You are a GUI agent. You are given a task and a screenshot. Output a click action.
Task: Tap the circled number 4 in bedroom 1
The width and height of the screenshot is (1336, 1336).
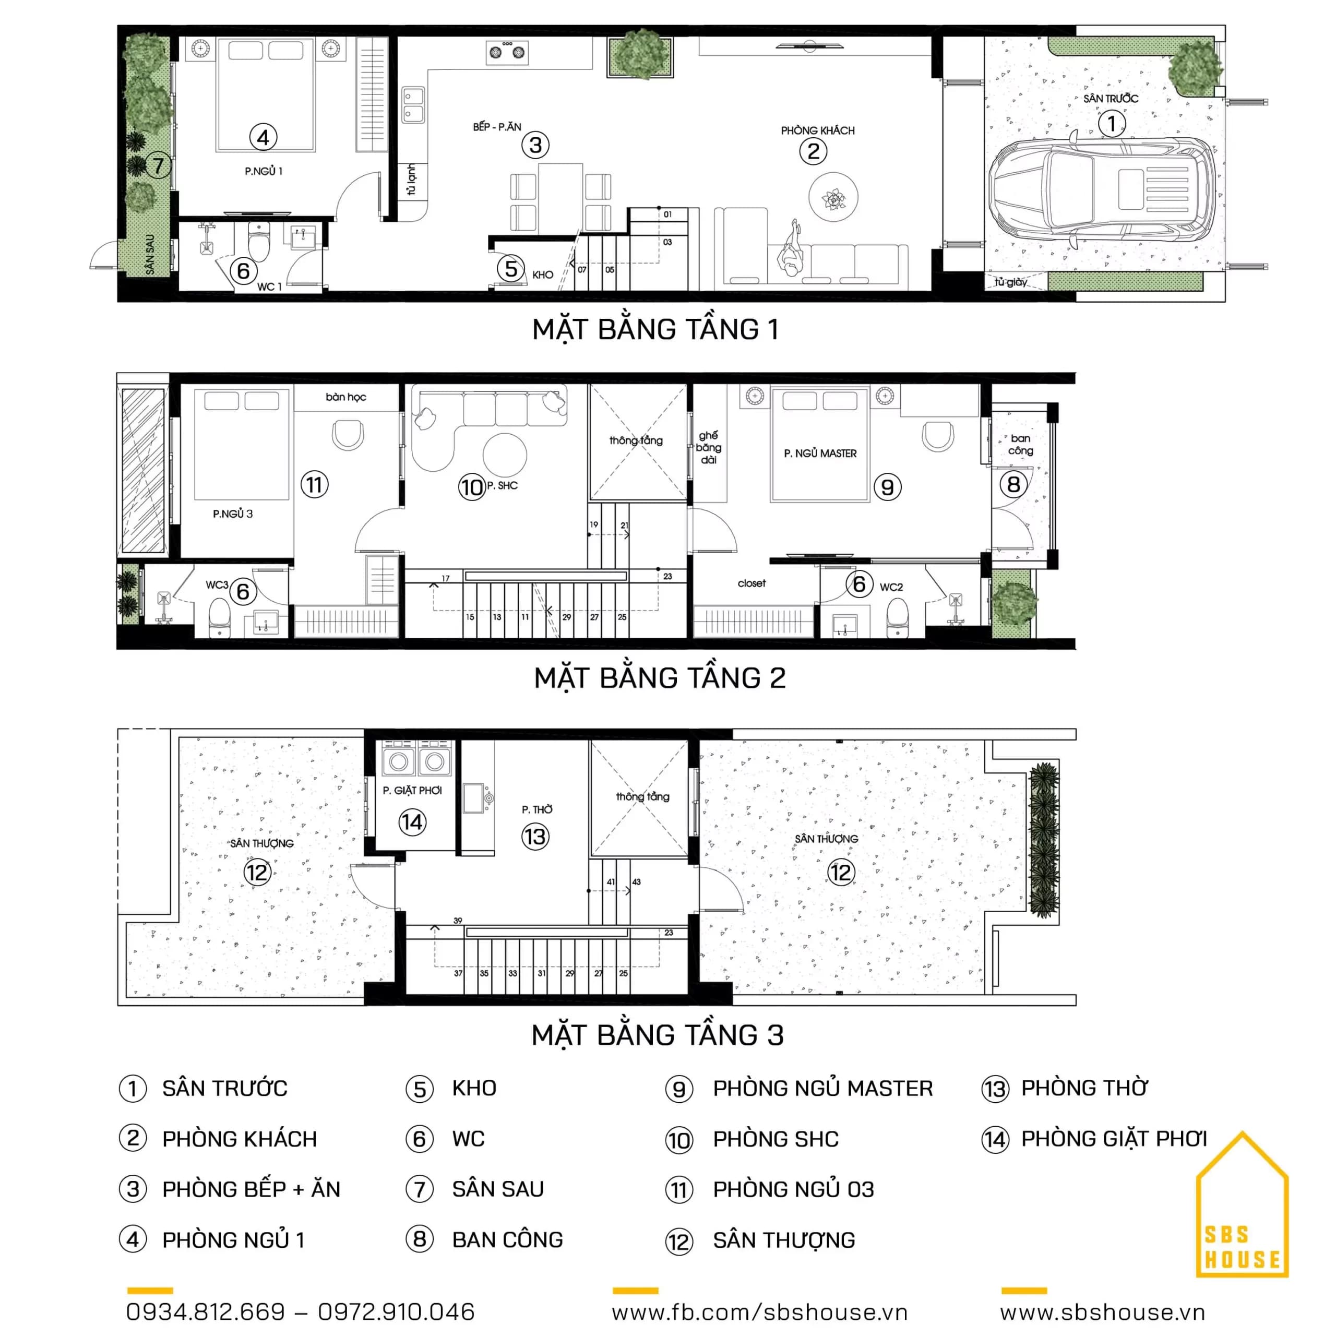[264, 137]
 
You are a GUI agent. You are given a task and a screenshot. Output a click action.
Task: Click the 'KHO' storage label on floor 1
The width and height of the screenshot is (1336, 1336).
[543, 275]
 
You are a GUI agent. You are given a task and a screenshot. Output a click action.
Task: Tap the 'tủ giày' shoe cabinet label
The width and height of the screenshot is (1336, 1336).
[1011, 282]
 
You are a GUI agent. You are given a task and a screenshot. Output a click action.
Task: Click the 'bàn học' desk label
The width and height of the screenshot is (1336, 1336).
[346, 397]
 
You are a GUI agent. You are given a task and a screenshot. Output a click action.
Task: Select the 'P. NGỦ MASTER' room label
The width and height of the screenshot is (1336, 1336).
[820, 453]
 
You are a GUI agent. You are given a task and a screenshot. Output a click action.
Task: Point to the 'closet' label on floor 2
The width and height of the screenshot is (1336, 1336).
[751, 583]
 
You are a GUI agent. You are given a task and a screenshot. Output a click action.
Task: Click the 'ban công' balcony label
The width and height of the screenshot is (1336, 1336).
[1021, 445]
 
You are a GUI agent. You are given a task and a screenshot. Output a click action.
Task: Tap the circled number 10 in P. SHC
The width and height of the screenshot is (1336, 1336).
[472, 487]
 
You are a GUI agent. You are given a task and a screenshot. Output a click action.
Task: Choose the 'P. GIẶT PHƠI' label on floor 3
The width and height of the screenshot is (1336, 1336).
[412, 791]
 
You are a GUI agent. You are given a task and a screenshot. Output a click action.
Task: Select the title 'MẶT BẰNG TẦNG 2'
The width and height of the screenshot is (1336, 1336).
[660, 678]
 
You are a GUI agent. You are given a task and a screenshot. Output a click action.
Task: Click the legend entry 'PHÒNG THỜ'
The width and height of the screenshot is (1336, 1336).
[1084, 1088]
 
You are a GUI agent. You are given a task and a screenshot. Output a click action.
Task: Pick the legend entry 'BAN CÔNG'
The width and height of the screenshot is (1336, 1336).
[508, 1240]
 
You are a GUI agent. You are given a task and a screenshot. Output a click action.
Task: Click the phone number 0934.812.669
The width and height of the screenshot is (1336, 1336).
[206, 1312]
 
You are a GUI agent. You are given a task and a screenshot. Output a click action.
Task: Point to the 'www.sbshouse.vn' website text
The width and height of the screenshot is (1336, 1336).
[1102, 1312]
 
